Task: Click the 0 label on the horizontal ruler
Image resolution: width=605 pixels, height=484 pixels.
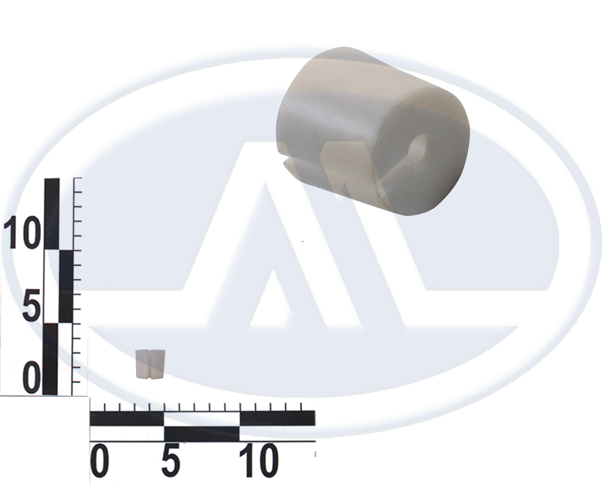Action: click(x=100, y=460)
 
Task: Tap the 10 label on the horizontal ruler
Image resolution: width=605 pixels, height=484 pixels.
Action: click(x=259, y=460)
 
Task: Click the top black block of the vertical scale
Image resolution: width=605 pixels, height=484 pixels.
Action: click(x=52, y=214)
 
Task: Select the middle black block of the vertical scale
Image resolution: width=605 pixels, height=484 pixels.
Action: click(x=66, y=286)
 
